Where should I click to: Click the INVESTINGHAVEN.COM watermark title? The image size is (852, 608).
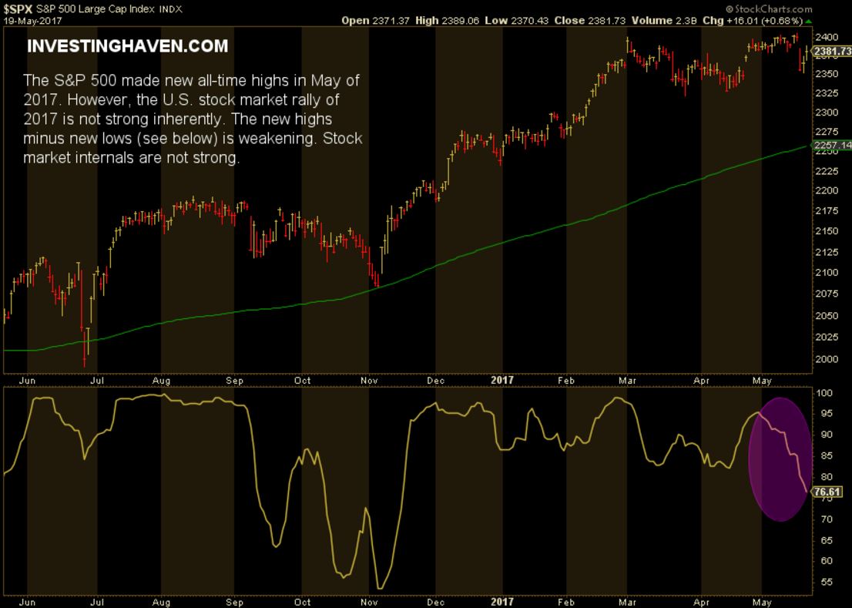(128, 46)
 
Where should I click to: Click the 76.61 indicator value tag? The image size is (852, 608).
(830, 492)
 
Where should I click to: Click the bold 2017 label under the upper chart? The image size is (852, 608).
(501, 380)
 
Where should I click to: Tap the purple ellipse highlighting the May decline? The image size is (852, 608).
(780, 459)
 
